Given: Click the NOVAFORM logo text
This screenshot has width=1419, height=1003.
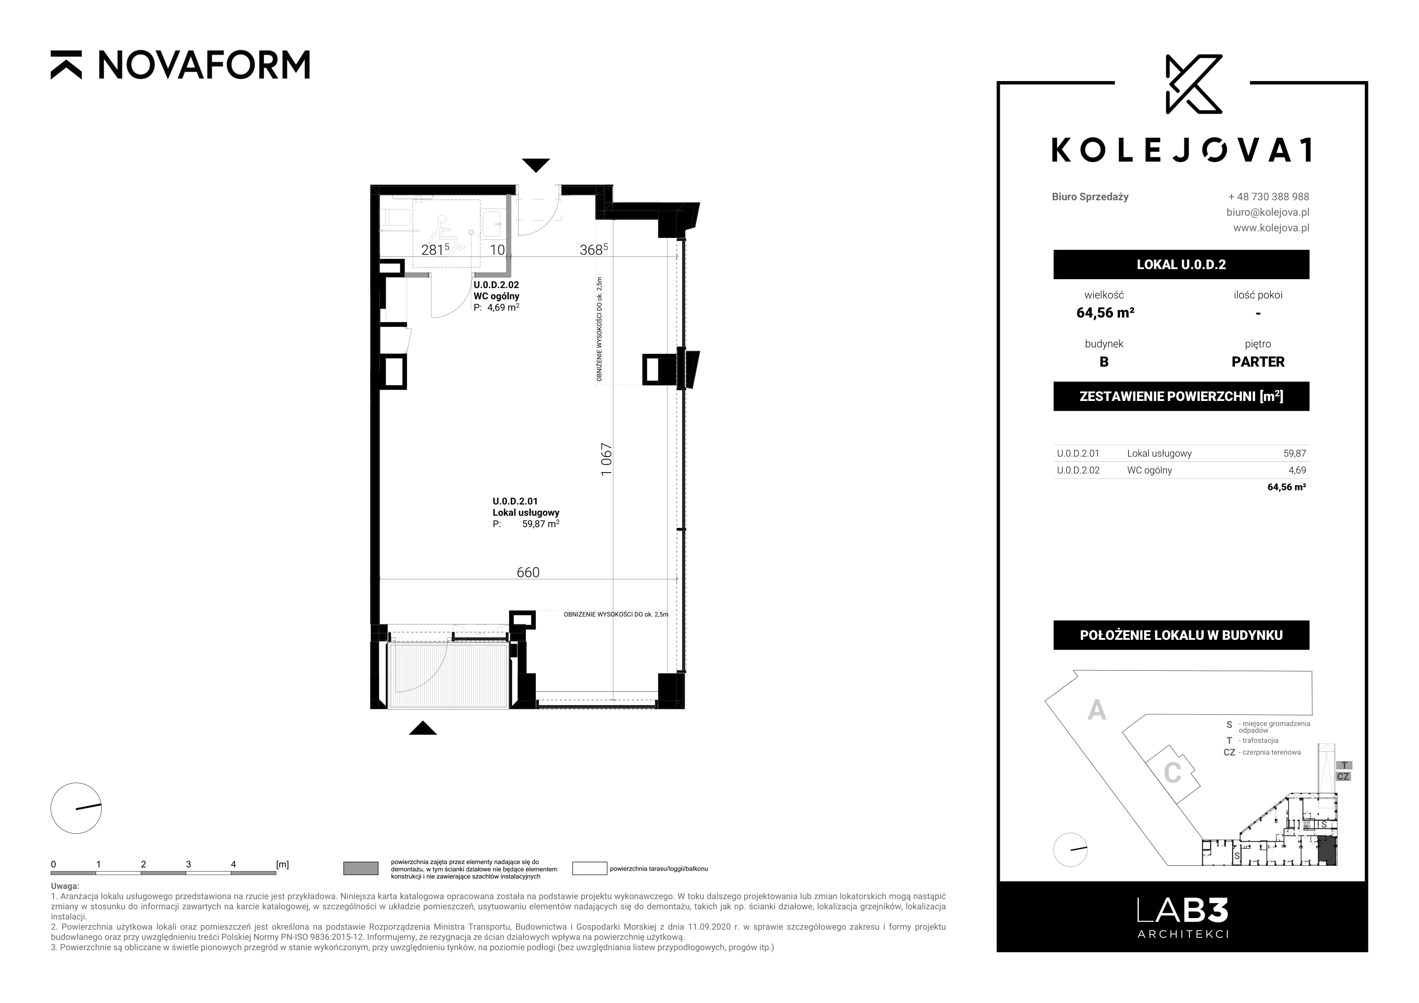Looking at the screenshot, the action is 204,65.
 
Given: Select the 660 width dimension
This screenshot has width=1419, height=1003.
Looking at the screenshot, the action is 528,572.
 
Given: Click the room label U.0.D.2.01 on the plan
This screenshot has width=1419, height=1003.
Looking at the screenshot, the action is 515,501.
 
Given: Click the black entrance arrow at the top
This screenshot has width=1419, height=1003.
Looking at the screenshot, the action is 535,165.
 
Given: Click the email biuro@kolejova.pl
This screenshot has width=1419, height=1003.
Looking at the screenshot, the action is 1268,212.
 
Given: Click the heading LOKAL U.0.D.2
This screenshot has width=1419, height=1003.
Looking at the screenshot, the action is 1181,265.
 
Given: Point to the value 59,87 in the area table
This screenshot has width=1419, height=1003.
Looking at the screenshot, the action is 1295,453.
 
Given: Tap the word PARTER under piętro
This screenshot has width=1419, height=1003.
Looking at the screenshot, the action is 1258,361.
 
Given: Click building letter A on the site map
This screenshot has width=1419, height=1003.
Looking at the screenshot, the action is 1096,710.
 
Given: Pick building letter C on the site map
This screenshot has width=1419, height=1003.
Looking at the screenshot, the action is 1172,773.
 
